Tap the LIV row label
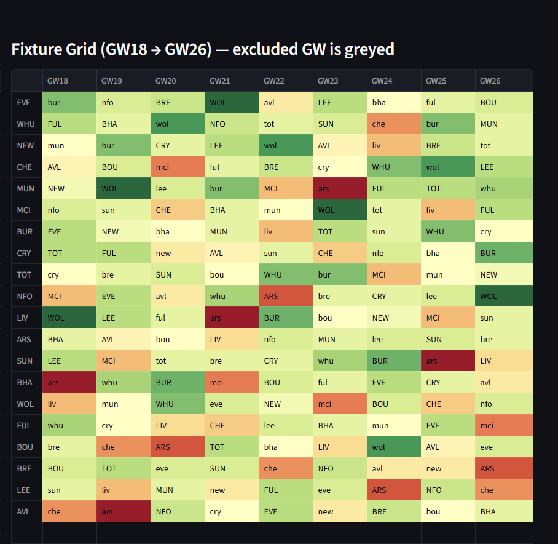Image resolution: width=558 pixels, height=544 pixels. (25, 318)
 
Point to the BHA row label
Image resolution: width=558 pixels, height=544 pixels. (25, 382)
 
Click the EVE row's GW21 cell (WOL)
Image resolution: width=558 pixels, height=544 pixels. (232, 102)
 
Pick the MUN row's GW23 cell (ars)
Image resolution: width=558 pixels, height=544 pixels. (340, 188)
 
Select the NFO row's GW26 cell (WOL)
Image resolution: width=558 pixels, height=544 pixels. (503, 296)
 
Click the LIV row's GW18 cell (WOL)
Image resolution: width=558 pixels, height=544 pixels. (69, 318)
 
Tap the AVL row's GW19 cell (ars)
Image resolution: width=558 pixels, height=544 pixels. (124, 511)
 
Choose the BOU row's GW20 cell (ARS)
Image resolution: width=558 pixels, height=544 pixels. (178, 447)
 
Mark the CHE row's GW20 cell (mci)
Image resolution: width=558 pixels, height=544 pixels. (178, 167)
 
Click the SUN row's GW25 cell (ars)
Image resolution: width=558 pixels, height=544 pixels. (448, 361)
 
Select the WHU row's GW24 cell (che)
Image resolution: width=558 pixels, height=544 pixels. (394, 124)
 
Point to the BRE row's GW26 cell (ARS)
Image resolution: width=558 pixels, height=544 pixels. (503, 468)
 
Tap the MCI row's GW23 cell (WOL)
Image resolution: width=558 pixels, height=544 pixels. (340, 210)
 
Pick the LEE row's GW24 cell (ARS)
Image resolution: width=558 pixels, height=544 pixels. (394, 490)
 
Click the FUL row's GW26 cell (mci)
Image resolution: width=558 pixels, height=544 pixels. (503, 425)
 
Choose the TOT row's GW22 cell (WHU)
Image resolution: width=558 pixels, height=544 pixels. (286, 274)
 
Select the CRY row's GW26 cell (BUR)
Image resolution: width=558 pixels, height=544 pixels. (503, 253)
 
